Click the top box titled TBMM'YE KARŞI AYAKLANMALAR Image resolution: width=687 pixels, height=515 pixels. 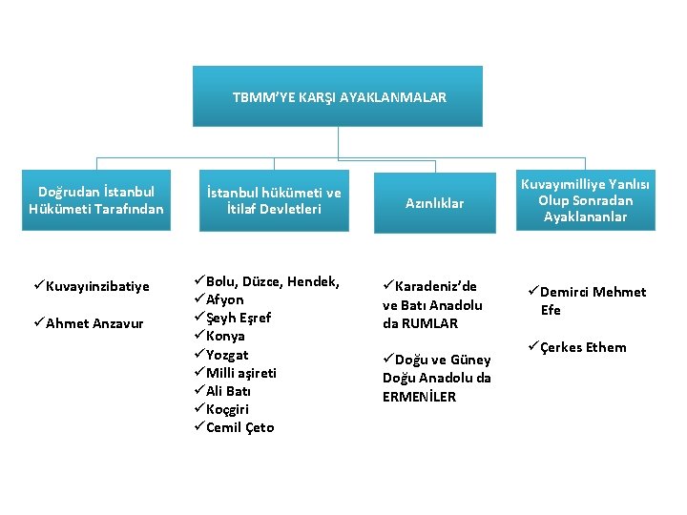[338, 96]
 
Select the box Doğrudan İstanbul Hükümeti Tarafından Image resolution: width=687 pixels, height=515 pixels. [96, 199]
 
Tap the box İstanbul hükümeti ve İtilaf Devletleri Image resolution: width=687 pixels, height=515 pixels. [273, 201]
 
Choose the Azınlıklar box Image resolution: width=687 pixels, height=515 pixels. [434, 203]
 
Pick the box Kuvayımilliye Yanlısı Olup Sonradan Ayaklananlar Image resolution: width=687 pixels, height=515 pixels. [585, 201]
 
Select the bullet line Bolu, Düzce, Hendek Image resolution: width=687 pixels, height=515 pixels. [273, 281]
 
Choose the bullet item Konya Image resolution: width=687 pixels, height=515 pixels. [226, 336]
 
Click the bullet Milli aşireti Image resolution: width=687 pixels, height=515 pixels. [241, 373]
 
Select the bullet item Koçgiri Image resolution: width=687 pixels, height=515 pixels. [228, 409]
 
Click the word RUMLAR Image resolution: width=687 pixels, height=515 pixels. [430, 323]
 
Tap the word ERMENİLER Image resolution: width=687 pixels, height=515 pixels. [420, 397]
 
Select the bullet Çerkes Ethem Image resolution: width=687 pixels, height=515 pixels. [583, 347]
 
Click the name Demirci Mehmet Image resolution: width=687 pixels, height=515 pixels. [593, 292]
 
